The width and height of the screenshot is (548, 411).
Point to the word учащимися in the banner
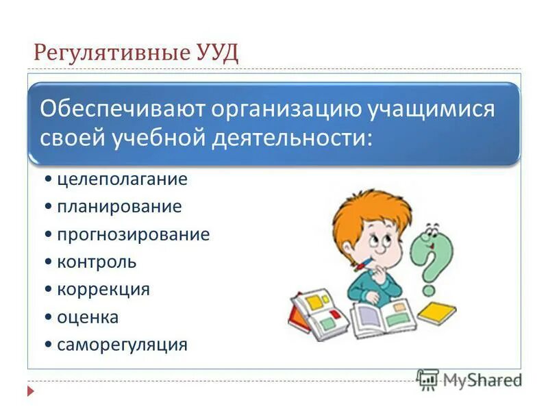pyautogui.click(x=432, y=109)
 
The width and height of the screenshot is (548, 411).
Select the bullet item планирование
pyautogui.click(x=119, y=207)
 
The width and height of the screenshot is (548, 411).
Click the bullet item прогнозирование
pyautogui.click(x=133, y=234)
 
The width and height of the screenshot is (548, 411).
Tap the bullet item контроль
pyautogui.click(x=97, y=262)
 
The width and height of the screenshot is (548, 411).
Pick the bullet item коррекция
pyautogui.click(x=103, y=289)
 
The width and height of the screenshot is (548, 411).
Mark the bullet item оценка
pyautogui.click(x=88, y=316)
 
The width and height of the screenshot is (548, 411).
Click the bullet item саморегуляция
pyautogui.click(x=122, y=344)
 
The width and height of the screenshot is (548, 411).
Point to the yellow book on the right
pyautogui.click(x=436, y=312)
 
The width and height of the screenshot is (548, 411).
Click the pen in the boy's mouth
pyautogui.click(x=362, y=263)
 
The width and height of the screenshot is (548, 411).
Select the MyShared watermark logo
pyautogui.click(x=469, y=379)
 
